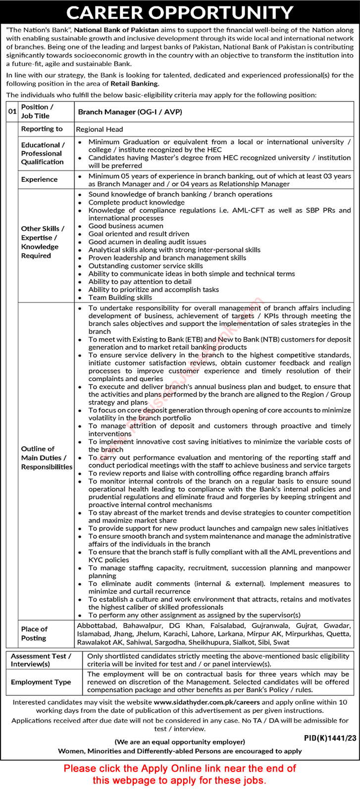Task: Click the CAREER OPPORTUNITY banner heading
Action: (180, 12)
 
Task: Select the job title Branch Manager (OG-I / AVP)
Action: (130, 112)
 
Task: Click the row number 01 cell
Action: (12, 112)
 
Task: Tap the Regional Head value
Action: (100, 129)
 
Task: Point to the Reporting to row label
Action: (42, 129)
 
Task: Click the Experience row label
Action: (39, 180)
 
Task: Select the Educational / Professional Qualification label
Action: (42, 154)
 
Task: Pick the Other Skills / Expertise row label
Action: (43, 242)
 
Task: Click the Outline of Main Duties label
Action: (46, 458)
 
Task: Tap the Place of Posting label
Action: (34, 633)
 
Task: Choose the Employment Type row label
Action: (41, 682)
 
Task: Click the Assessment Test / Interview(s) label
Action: (41, 660)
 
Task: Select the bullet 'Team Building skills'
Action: (120, 298)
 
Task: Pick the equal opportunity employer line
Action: (180, 741)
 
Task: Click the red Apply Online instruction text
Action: (180, 773)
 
